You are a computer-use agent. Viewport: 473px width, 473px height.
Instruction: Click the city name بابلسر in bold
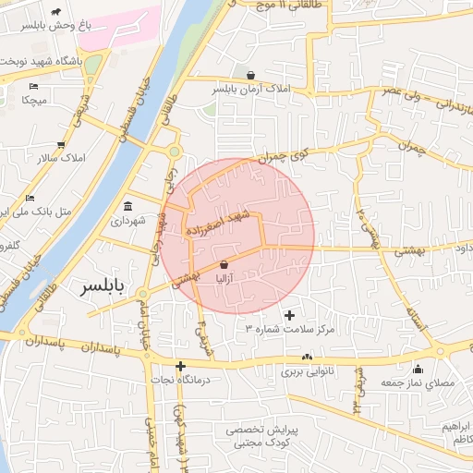point(107,286)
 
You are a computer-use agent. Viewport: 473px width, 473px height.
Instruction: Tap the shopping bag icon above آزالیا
point(224,263)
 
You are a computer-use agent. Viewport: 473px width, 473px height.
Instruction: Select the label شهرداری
point(128,221)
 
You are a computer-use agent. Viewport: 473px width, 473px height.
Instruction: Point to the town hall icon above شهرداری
point(127,206)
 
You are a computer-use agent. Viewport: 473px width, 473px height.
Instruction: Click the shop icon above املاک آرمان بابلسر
point(250,74)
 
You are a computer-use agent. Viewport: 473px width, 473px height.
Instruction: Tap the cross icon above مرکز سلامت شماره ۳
point(290,315)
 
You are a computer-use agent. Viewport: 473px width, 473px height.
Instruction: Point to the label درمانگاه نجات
point(182,380)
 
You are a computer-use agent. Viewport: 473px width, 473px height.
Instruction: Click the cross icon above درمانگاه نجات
point(181,366)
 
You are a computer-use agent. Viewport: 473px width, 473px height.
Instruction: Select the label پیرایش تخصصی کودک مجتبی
point(260,437)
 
